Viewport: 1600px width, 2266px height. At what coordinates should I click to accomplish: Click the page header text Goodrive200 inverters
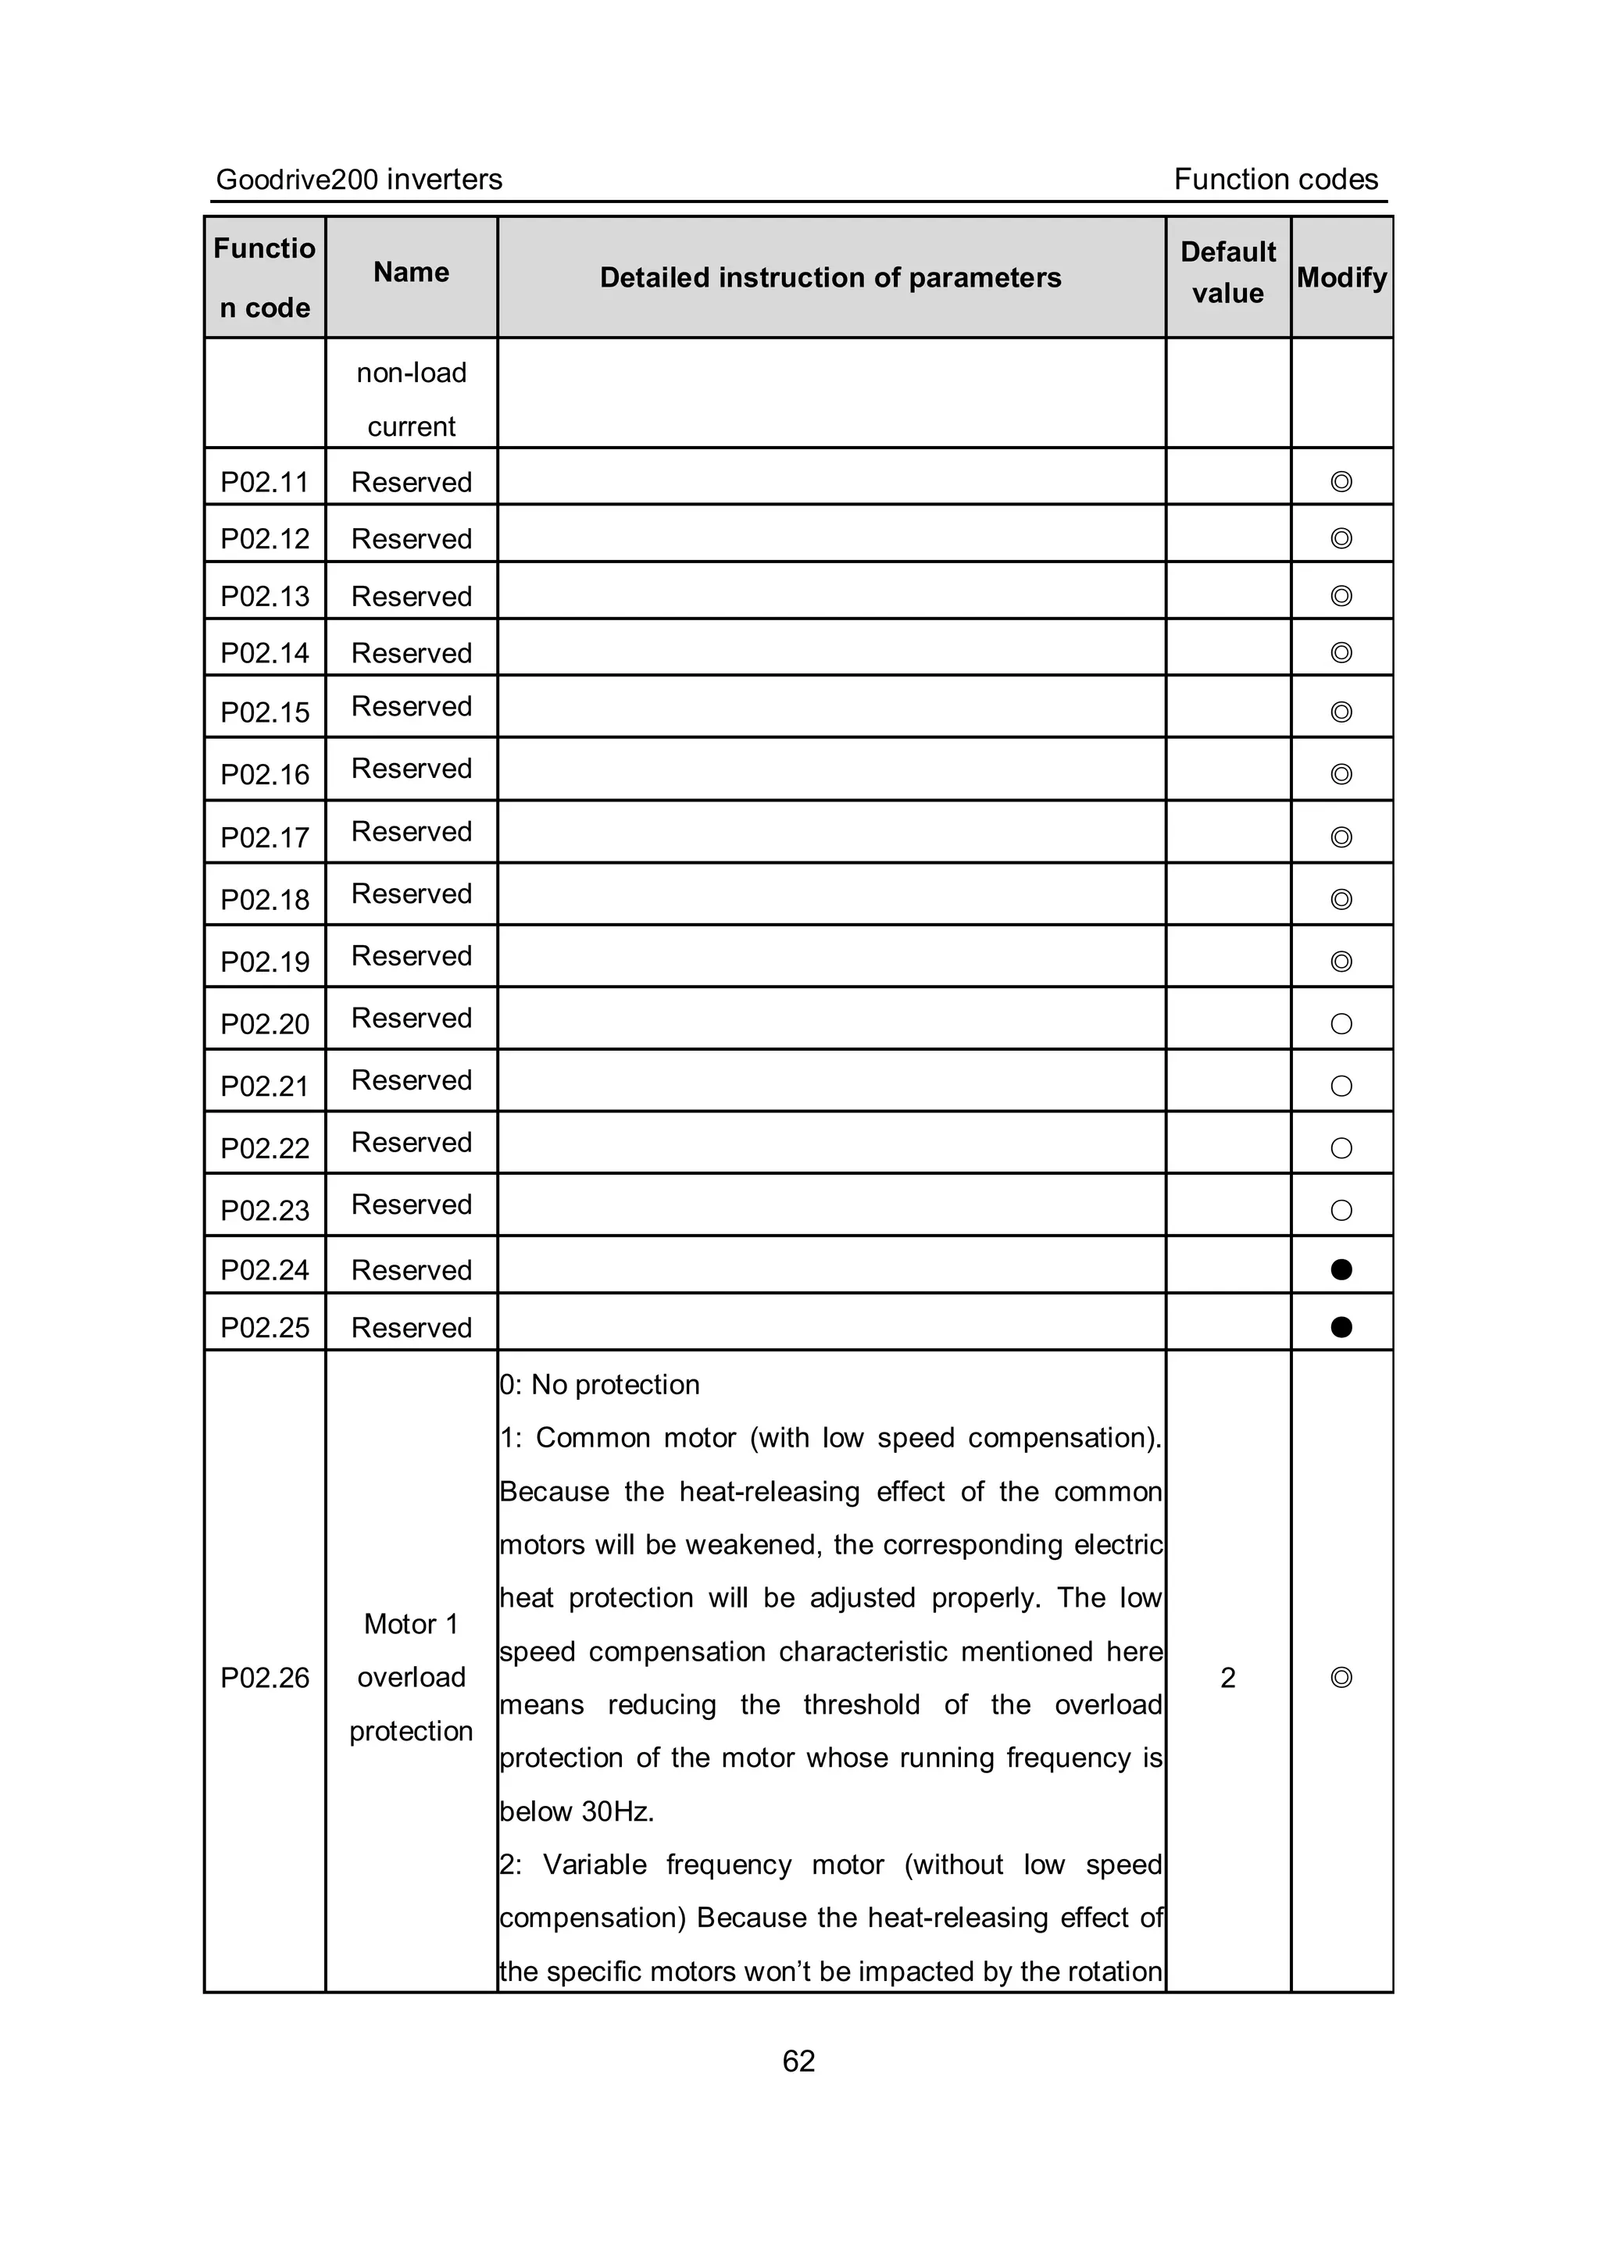(359, 180)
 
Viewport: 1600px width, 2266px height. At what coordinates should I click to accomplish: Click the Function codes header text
(1275, 180)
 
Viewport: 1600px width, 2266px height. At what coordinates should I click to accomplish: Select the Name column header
(411, 273)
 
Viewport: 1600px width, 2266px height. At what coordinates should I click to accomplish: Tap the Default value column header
(1228, 273)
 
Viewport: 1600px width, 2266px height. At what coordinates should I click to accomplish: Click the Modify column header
(1341, 278)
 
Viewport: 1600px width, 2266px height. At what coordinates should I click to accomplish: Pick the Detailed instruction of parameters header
(830, 278)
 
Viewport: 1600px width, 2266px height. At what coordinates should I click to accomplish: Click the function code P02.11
(265, 483)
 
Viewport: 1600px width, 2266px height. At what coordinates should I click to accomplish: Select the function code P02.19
(265, 962)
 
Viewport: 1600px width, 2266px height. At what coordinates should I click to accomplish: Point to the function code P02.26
(265, 1678)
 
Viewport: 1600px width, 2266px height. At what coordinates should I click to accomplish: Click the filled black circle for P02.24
(1341, 1269)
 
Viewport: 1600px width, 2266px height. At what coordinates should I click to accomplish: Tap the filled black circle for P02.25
(1341, 1327)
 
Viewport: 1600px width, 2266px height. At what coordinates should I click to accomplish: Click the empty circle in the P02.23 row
(1341, 1211)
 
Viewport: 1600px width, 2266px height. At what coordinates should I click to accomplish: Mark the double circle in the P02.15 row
(1341, 712)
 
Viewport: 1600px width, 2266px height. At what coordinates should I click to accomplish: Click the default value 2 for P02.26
(1228, 1678)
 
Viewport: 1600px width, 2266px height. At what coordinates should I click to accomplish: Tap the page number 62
(798, 2061)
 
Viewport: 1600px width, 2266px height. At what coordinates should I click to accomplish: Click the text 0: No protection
(600, 1386)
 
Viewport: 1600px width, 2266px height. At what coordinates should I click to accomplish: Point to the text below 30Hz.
(577, 1812)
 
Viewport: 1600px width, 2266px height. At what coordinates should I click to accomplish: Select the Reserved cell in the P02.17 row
(412, 832)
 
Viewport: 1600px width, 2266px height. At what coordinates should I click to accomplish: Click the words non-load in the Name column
(412, 373)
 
